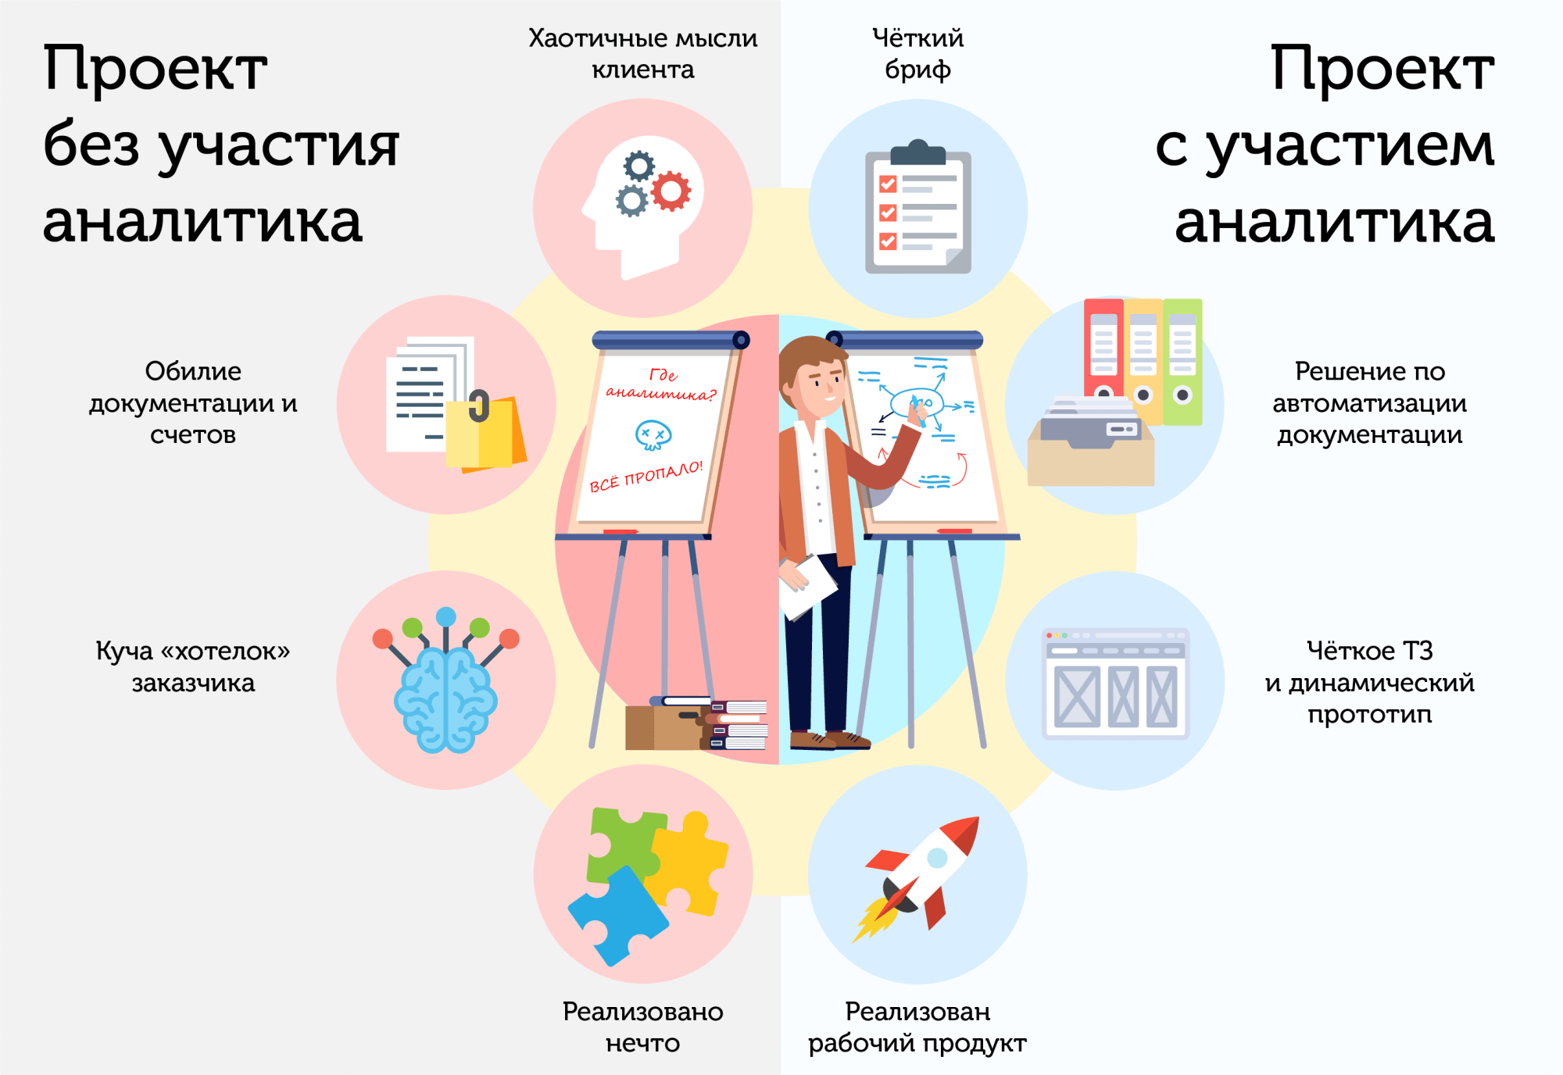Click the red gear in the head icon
[671, 191]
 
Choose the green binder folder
[1182, 359]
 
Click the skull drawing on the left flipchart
[653, 434]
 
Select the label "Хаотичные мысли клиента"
[642, 53]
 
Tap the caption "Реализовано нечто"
[642, 1027]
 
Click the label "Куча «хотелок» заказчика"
[193, 666]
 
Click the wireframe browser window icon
[1115, 684]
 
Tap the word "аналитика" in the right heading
[1334, 222]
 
